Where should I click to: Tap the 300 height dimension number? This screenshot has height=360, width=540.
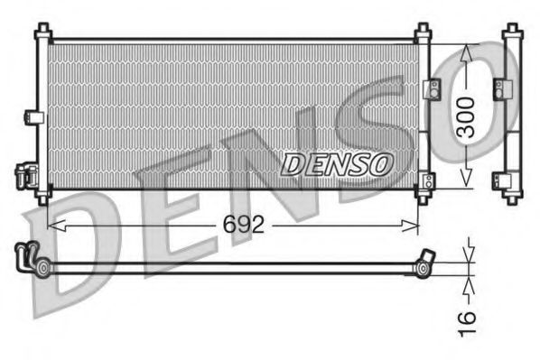point(464,116)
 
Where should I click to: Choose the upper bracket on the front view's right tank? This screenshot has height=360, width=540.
point(431,88)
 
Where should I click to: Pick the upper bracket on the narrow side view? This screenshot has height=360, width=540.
point(499,88)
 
